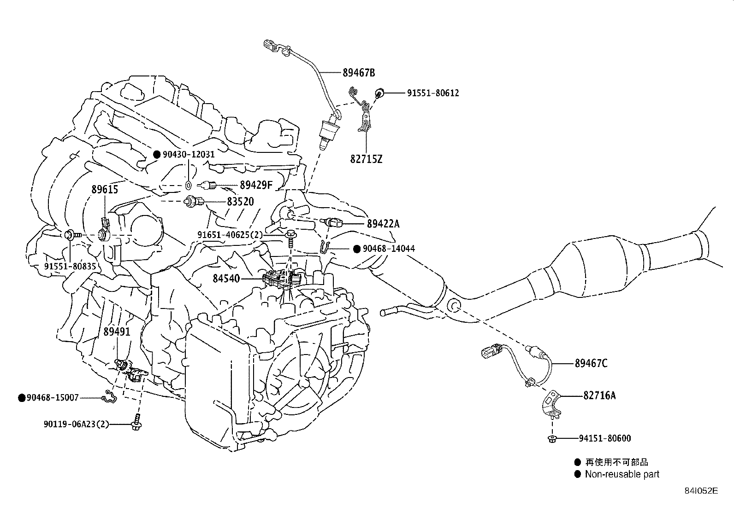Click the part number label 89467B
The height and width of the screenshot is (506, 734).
point(358,72)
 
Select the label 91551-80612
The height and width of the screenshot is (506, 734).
point(432,93)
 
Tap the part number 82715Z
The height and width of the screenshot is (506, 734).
point(366,159)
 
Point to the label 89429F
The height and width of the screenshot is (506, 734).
point(256,185)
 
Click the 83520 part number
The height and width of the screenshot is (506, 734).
point(240,202)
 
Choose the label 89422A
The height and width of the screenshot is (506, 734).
point(383,224)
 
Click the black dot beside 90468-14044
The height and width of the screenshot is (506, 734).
point(356,249)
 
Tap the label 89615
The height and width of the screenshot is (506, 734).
point(104,190)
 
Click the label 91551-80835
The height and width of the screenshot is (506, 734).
point(71,266)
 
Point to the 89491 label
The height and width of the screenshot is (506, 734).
point(117,332)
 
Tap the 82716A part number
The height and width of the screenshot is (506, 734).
point(599,395)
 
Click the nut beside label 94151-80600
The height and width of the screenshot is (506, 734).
point(552,438)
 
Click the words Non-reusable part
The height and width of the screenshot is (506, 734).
point(622,474)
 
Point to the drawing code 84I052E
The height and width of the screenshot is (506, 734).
point(701,491)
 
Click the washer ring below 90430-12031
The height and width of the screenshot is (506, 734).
point(188,185)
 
